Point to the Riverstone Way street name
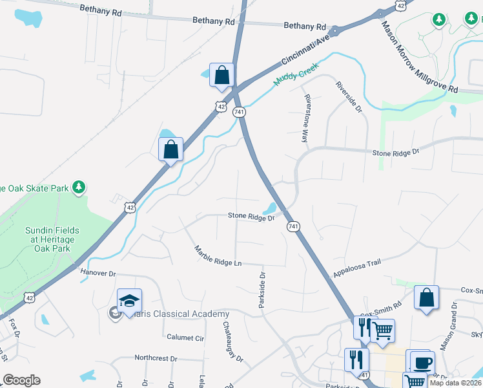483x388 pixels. pyautogui.click(x=307, y=118)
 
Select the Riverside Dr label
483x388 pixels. pyautogui.click(x=348, y=97)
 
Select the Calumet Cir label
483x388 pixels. pyautogui.click(x=185, y=338)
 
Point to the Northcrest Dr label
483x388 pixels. pyautogui.click(x=156, y=358)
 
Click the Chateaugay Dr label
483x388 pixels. pyautogui.click(x=233, y=342)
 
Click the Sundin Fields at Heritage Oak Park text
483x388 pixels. pyautogui.click(x=52, y=240)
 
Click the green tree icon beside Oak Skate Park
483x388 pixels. pyautogui.click(x=79, y=188)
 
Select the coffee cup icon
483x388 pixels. pyautogui.click(x=422, y=362)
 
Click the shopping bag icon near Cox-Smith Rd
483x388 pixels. pyautogui.click(x=426, y=297)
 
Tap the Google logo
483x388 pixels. pyautogui.click(x=21, y=380)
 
